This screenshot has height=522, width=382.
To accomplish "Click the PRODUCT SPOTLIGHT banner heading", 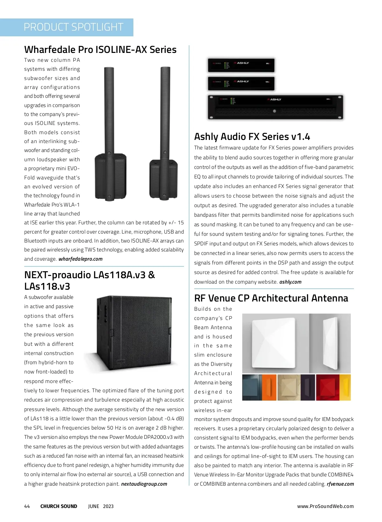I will (x=73, y=27).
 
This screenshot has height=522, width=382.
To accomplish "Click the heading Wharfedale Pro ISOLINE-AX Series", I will (x=100, y=50).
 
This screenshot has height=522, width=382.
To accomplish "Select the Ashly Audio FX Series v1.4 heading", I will (x=252, y=137).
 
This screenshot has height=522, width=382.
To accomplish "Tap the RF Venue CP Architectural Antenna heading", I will (x=271, y=298).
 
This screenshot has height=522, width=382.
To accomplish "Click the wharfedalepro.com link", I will (x=81, y=259).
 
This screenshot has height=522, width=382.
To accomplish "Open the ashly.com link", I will (x=290, y=282).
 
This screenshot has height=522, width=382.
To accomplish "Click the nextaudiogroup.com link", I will (x=144, y=484).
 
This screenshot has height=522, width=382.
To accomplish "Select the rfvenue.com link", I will (x=340, y=484).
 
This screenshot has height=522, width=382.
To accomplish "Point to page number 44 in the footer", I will (x=27, y=506).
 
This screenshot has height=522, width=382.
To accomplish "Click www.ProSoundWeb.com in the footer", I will (x=325, y=506).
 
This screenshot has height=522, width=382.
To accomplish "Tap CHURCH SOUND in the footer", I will (x=59, y=506).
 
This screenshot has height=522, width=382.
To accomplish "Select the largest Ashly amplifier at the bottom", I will (x=275, y=107).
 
